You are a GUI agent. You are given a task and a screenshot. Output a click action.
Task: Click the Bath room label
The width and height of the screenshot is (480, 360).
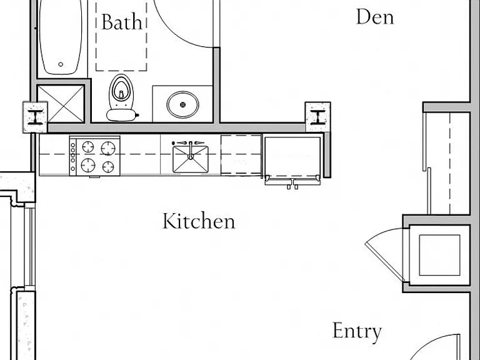coord(122,22)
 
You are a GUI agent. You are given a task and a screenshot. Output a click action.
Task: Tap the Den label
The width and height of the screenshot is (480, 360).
coord(375,17)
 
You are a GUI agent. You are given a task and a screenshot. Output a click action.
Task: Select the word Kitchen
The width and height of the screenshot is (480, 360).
coord(199,221)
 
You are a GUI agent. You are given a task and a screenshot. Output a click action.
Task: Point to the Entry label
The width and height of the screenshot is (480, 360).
coord(357,331)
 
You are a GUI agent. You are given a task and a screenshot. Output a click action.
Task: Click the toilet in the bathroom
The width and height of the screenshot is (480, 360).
coord(121,97)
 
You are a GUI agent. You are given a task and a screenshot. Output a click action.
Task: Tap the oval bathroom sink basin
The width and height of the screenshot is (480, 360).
coord(182,105)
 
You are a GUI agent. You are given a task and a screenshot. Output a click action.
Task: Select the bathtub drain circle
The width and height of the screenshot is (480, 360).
coord(61,64)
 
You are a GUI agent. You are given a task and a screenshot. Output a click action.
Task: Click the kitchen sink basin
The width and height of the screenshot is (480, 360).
coord(191,159)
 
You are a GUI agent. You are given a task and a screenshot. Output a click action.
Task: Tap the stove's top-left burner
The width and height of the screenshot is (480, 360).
coord(88,147)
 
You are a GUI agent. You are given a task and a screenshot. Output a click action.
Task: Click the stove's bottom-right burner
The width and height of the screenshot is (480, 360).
coord(108,167)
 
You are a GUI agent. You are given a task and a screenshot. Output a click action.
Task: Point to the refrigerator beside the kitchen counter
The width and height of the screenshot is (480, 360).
coord(292,161)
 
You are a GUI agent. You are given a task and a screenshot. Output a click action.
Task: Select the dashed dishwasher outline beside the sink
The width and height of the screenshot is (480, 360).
coord(241,155)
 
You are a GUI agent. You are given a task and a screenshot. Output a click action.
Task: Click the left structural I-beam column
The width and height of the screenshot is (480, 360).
coord(35,117)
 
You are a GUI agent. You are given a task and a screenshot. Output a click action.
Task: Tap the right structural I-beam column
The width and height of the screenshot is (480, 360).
coord(318,117)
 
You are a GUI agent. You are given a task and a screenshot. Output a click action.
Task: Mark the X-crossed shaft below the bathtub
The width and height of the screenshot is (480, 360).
coord(61,104)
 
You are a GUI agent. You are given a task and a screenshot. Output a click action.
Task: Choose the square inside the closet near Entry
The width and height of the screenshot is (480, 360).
coord(439,255)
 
